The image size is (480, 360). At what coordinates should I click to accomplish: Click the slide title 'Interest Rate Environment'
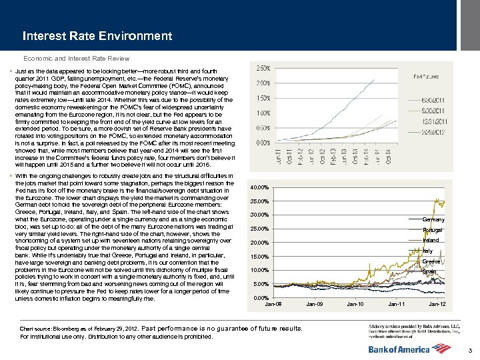tap(97, 36)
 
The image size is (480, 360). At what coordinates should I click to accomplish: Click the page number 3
tap(470, 351)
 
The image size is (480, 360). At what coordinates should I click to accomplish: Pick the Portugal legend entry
tap(432, 230)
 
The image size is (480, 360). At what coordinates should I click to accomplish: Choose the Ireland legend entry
tap(431, 240)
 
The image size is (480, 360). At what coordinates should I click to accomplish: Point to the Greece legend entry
tap(431, 261)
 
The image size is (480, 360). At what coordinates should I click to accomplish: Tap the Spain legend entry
tap(429, 271)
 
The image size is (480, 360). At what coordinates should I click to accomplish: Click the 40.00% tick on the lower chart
tap(259, 187)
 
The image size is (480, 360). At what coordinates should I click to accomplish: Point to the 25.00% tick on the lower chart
tap(259, 229)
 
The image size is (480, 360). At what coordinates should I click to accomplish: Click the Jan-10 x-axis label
tap(355, 304)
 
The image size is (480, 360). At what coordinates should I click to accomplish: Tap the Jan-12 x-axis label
tap(437, 304)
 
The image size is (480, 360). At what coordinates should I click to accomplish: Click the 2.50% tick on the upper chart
tap(263, 68)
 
